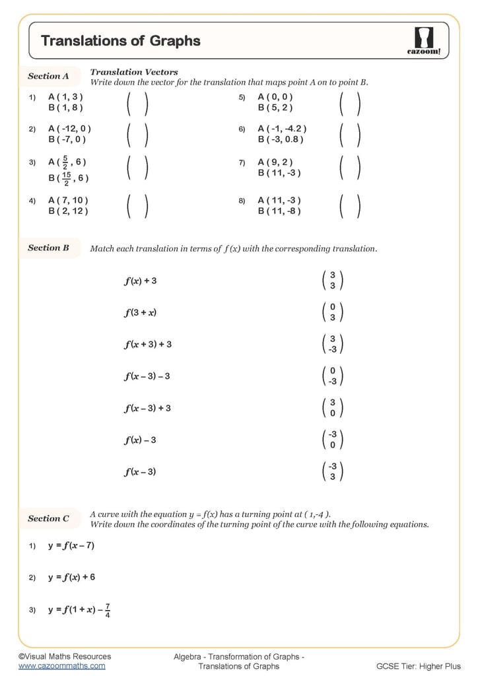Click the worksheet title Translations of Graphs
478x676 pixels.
click(x=120, y=41)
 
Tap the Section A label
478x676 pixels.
click(x=48, y=77)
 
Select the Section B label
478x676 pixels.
click(x=48, y=248)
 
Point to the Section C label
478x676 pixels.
click(x=48, y=519)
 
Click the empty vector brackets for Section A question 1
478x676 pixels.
click(x=137, y=102)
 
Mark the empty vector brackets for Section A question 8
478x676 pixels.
click(x=349, y=205)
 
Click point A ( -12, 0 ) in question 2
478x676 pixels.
click(x=69, y=129)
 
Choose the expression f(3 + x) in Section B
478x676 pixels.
click(x=140, y=313)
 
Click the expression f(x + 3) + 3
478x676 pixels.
click(x=148, y=345)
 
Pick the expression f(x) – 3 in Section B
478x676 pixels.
click(x=140, y=440)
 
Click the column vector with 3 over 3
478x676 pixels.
click(x=332, y=281)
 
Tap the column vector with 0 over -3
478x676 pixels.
click(x=332, y=376)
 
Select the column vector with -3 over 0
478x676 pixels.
click(x=332, y=440)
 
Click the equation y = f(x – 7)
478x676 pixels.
click(x=71, y=546)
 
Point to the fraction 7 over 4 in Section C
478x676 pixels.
click(x=108, y=611)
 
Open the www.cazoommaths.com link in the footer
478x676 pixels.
click(x=61, y=666)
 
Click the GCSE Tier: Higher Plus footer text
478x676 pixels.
click(x=419, y=666)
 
